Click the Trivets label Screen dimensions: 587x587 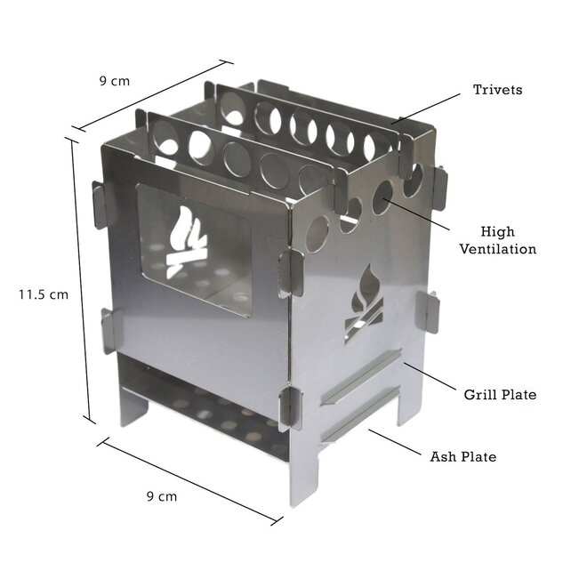tap(497, 90)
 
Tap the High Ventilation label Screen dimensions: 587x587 tap(497, 240)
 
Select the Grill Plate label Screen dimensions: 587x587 tap(500, 393)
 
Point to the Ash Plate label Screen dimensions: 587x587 tap(462, 457)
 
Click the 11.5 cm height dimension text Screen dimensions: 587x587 tap(44, 293)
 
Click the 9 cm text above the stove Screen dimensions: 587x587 tap(114, 81)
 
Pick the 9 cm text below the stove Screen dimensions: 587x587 tap(161, 496)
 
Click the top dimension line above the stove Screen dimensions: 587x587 tap(151, 96)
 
